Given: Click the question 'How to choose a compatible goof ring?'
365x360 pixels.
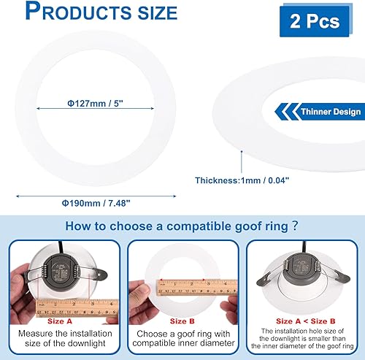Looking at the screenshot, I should coord(181,226).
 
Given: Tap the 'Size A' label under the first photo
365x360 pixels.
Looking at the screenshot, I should coord(61,320).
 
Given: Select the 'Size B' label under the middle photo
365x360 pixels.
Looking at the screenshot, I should coord(181,320).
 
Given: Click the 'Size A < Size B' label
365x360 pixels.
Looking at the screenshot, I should coord(304,320).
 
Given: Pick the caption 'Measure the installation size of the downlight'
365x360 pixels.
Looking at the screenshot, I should coord(61,338).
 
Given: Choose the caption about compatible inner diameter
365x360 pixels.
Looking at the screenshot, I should coord(181,338).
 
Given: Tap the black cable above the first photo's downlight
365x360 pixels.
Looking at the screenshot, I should coord(55,245).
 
